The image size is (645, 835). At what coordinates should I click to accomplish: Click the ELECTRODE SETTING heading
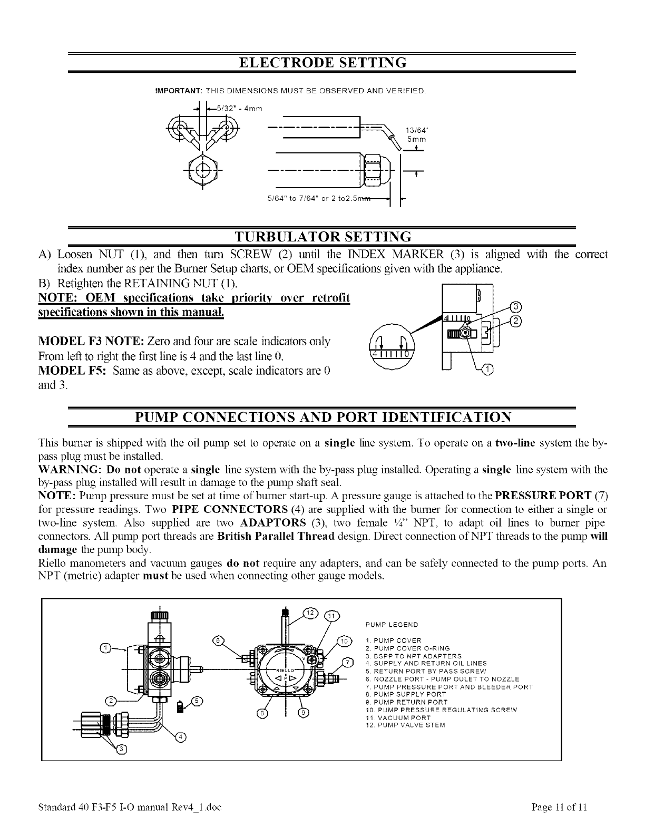322,62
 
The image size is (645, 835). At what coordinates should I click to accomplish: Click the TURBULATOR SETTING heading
322,235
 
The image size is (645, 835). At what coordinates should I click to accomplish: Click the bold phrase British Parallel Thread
276,537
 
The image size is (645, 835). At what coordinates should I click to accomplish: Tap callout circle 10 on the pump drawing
343,640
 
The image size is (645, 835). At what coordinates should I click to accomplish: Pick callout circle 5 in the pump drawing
197,701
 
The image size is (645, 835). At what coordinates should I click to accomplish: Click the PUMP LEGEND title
392,625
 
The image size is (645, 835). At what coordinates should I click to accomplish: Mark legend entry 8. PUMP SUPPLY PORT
405,694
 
